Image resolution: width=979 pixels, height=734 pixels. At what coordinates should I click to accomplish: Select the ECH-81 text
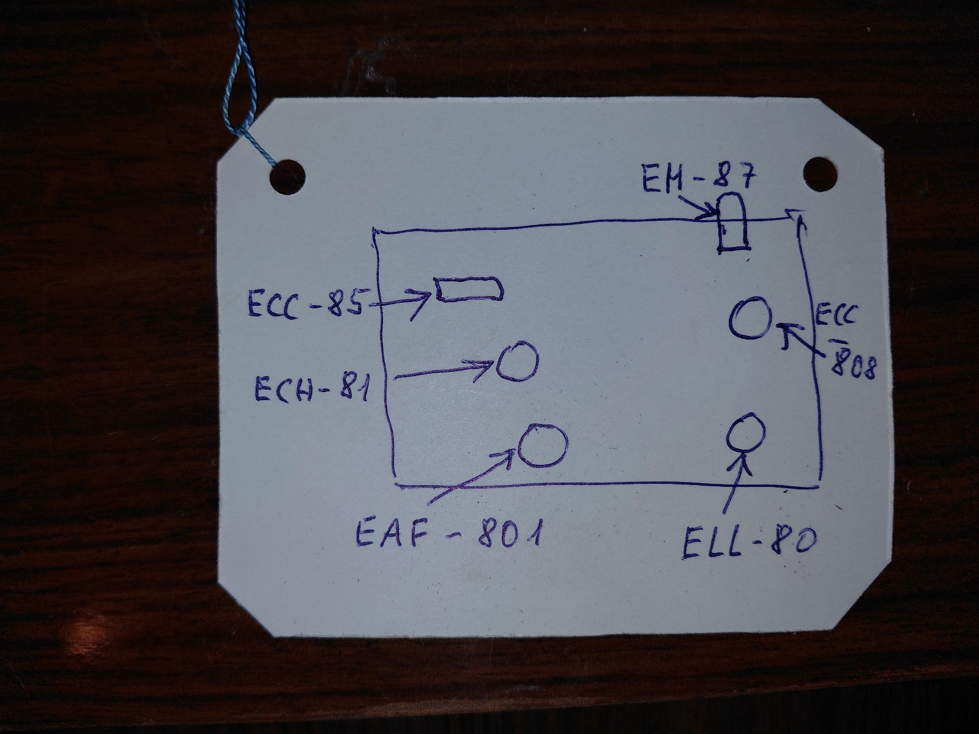click(312, 388)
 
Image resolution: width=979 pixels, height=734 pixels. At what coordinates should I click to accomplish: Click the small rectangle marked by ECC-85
click(469, 289)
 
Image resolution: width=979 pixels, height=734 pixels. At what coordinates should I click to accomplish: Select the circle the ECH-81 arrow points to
click(518, 361)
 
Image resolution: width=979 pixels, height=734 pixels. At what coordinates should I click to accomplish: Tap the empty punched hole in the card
click(820, 173)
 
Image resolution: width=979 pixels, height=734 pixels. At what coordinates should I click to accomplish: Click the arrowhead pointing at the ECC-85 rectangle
click(425, 300)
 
